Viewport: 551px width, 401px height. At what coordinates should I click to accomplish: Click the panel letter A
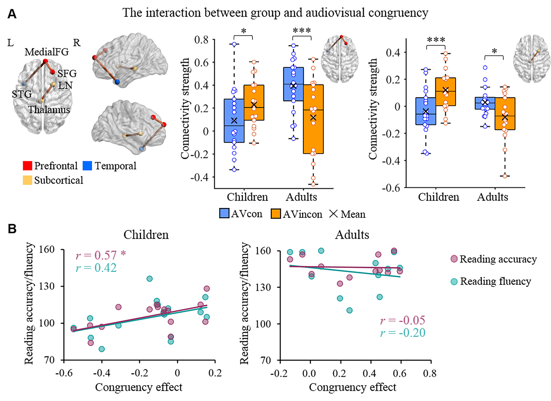[12, 14]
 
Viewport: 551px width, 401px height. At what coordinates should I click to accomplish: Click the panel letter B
[12, 229]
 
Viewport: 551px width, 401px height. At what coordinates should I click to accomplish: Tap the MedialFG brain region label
[47, 52]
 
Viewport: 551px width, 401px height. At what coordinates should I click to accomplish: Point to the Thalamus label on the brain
[49, 109]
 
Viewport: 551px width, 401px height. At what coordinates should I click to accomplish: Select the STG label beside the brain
[22, 94]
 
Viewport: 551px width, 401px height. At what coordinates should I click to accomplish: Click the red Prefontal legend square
[27, 166]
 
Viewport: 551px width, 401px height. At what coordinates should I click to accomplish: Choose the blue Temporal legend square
[87, 166]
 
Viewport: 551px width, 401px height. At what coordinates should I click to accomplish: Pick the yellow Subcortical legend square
[27, 180]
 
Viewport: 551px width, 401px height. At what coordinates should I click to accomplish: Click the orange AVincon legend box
[275, 214]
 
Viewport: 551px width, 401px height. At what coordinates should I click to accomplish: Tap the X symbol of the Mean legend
[333, 214]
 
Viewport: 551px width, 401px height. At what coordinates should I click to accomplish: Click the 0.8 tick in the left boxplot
[201, 40]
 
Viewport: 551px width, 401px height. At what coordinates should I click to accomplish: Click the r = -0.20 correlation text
[403, 333]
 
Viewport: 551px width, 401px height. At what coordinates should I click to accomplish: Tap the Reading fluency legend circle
[454, 282]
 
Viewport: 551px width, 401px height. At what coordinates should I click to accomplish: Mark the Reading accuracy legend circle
[454, 259]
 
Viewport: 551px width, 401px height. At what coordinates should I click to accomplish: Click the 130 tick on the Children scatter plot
[47, 286]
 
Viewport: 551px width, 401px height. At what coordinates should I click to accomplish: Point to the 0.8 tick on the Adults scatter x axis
[430, 373]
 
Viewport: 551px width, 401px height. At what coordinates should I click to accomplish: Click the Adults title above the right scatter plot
[352, 235]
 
